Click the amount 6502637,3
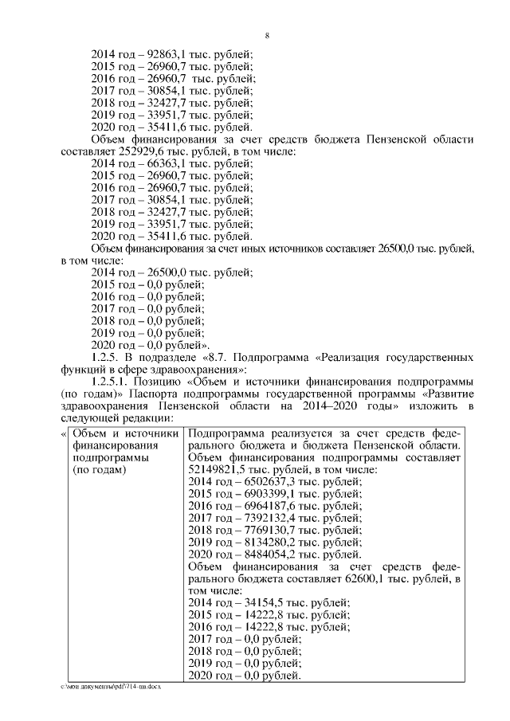click(265, 482)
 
